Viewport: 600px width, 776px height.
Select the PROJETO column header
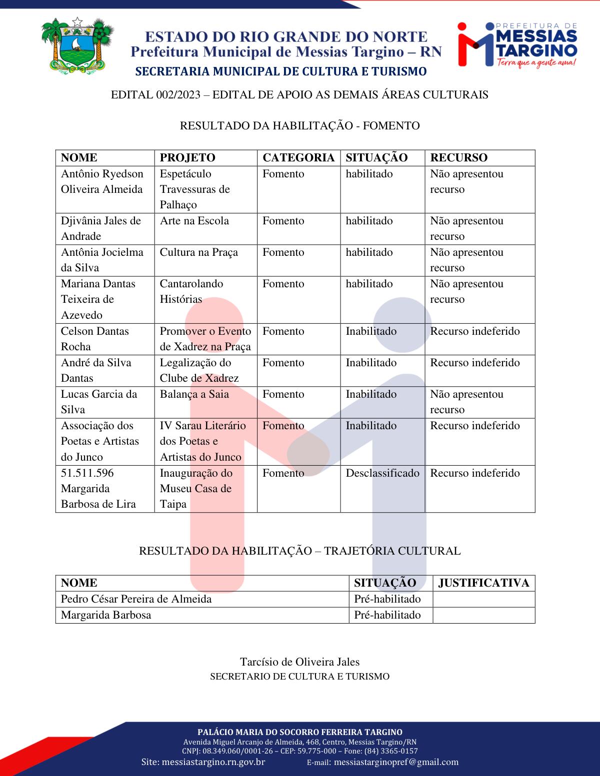click(x=187, y=158)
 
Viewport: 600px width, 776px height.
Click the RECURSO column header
click(x=458, y=158)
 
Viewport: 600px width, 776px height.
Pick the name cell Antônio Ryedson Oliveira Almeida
click(x=102, y=181)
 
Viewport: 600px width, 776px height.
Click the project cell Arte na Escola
click(x=194, y=221)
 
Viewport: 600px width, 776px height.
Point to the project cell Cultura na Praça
click(x=199, y=252)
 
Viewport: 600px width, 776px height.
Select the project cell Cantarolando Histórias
click(x=191, y=291)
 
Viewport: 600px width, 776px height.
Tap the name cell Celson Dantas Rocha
click(x=95, y=339)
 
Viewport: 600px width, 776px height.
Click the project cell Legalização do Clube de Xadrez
click(x=199, y=370)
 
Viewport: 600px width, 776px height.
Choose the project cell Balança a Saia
click(x=194, y=394)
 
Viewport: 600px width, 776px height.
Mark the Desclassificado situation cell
click(x=382, y=473)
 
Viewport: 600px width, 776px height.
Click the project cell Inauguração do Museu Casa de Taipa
click(x=196, y=488)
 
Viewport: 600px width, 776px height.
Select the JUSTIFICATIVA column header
click(x=483, y=583)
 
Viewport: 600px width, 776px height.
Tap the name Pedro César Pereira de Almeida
click(x=136, y=599)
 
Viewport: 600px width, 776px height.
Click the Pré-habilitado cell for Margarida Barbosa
click(x=387, y=615)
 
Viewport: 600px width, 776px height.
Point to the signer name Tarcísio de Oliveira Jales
click(x=299, y=662)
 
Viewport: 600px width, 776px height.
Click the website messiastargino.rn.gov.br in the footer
click(x=203, y=762)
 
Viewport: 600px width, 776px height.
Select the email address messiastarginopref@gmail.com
click(x=395, y=762)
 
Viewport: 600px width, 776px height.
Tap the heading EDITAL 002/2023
click(x=299, y=94)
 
